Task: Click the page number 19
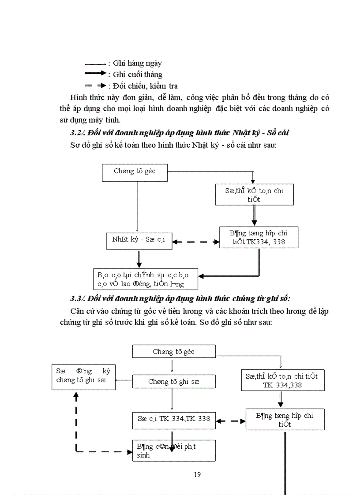[197, 474]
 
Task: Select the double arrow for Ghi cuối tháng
[95, 74]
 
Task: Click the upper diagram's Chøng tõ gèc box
[135, 172]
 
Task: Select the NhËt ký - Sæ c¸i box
[139, 241]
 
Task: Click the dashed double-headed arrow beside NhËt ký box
[195, 242]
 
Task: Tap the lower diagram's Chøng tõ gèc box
[174, 351]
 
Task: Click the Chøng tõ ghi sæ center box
[174, 382]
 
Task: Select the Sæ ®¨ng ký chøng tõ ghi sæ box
[84, 376]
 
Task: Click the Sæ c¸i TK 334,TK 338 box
[174, 420]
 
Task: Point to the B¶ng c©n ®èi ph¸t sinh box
[174, 450]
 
